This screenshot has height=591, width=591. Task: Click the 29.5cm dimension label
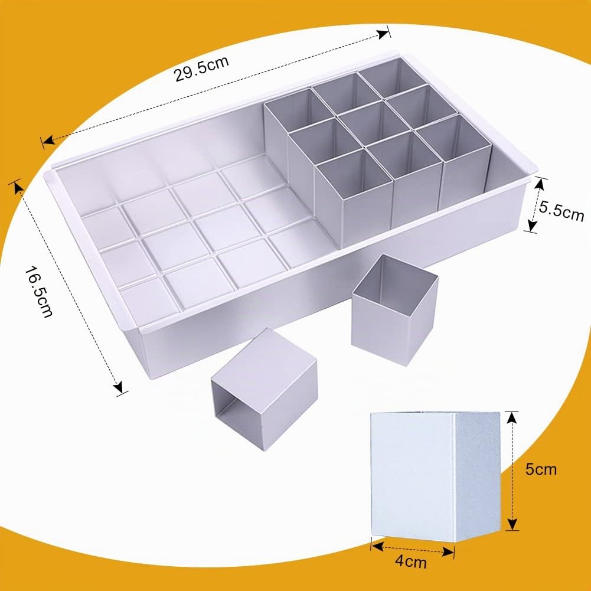(x=201, y=68)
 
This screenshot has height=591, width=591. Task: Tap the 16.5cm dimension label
(x=38, y=292)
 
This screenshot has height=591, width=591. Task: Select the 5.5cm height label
(x=561, y=210)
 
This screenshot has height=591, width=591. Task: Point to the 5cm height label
(x=541, y=469)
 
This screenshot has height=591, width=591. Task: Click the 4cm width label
(x=411, y=561)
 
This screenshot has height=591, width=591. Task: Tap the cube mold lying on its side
(x=265, y=390)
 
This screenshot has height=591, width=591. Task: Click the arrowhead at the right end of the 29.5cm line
(x=383, y=34)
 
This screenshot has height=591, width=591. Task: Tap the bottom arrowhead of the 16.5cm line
(x=118, y=387)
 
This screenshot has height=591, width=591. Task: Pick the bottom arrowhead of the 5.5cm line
(x=532, y=226)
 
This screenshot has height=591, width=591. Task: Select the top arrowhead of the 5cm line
(x=511, y=418)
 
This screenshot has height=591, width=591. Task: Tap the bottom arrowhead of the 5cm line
(x=511, y=524)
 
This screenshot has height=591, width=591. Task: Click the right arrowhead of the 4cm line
(x=448, y=553)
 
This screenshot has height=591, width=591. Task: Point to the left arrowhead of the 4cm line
(x=377, y=546)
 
